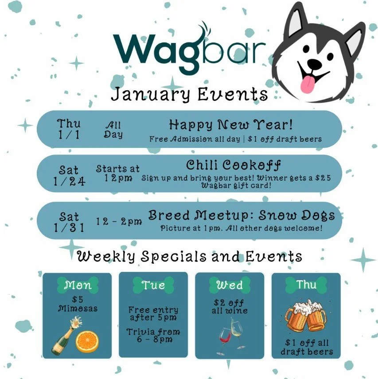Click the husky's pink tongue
pos(309,81)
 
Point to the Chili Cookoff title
pos(234,166)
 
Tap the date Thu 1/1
pos(69,129)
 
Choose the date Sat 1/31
pos(69,222)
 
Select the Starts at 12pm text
pos(118,174)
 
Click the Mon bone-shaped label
pos(78,285)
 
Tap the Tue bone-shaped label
pos(153,285)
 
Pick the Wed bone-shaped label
pos(230,285)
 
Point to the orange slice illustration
pos(87,342)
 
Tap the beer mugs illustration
pos(306,315)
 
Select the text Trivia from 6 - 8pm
pos(153,336)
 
